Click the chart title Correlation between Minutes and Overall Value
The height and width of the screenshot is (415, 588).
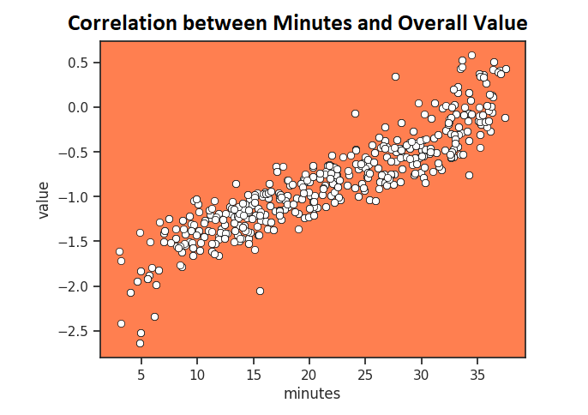click(297, 24)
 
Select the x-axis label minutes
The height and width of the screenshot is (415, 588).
click(312, 394)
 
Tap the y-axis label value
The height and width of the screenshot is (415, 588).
click(43, 200)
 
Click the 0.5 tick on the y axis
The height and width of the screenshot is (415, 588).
click(80, 63)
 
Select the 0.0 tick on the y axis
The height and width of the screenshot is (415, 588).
click(80, 107)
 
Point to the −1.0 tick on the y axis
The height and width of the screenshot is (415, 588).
click(76, 196)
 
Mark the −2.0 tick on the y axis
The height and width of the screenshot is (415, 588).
click(76, 286)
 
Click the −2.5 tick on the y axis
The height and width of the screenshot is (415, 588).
click(76, 330)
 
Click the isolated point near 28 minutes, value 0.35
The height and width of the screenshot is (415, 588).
click(395, 76)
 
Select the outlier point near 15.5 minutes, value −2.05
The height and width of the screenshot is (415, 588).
click(260, 291)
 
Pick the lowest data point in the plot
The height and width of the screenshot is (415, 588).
click(140, 343)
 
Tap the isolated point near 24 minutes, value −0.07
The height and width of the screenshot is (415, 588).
click(355, 113)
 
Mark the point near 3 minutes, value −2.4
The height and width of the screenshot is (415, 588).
click(121, 323)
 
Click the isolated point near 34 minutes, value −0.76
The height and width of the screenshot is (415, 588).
click(469, 175)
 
